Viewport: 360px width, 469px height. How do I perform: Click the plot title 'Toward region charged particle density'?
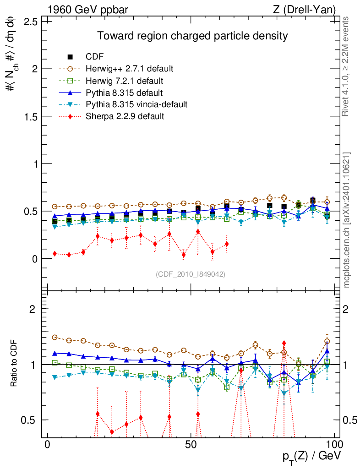click(191, 36)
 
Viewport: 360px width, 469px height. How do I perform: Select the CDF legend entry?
click(95, 57)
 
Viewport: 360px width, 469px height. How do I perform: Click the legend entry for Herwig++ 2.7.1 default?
click(129, 69)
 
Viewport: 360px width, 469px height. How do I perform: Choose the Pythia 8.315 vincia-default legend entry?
click(136, 104)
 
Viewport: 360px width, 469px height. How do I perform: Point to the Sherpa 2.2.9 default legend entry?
click(125, 116)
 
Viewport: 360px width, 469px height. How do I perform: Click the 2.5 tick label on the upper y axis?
click(31, 22)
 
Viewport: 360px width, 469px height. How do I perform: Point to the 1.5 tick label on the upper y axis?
click(31, 116)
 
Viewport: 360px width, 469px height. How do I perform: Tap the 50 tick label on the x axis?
click(191, 446)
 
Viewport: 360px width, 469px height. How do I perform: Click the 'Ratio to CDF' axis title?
click(13, 364)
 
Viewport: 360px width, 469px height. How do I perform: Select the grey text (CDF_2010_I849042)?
click(191, 274)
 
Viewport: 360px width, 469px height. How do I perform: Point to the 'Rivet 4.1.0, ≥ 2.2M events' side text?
click(347, 67)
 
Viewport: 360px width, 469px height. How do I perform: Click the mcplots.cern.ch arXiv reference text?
click(347, 220)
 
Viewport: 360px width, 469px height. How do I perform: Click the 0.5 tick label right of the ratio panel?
click(349, 420)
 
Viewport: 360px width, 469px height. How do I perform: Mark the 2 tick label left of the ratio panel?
click(33, 309)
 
